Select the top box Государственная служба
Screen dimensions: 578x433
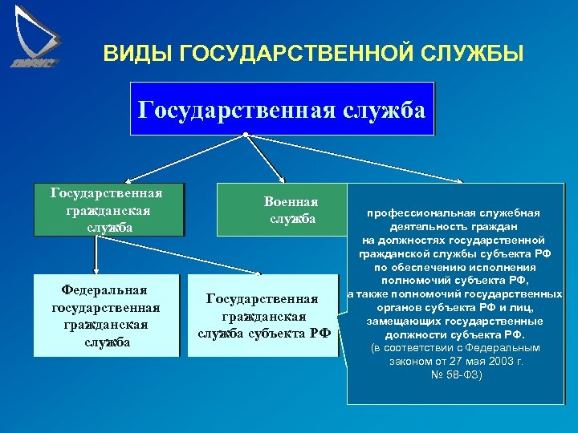(282, 108)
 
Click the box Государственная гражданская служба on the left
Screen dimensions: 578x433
(107, 210)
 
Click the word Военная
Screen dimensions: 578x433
(291, 202)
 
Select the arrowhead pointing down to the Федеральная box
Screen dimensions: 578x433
(95, 271)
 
